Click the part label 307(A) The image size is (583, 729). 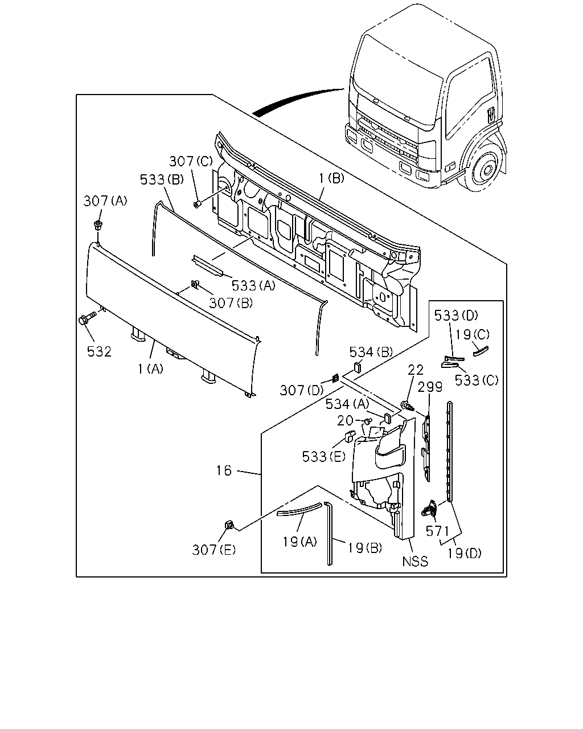(x=105, y=201)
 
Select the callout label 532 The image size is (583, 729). (x=99, y=352)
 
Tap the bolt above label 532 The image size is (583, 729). (x=87, y=318)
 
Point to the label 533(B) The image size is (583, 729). (x=162, y=179)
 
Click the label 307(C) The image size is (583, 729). (x=191, y=161)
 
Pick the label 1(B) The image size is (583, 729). (x=332, y=178)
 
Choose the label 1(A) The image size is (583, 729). (x=151, y=369)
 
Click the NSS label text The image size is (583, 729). (x=415, y=562)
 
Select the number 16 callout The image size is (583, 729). (x=224, y=470)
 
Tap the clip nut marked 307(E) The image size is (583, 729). (x=229, y=526)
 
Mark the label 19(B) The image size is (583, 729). (x=365, y=548)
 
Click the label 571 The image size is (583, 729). (x=437, y=531)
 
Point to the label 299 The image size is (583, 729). (x=430, y=387)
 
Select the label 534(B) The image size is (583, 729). (x=371, y=353)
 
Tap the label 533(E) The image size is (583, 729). (x=324, y=457)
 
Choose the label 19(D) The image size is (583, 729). (x=464, y=554)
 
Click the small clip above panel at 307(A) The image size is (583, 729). (x=98, y=225)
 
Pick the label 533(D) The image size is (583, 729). (x=456, y=316)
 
